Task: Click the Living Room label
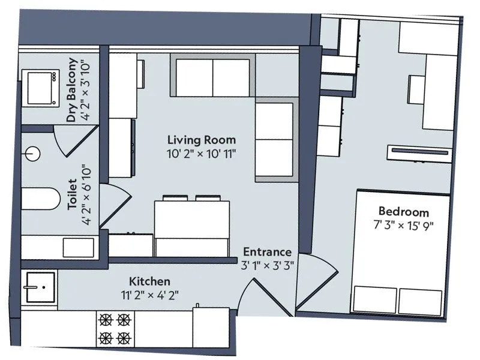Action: (x=201, y=140)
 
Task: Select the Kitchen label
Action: (x=150, y=281)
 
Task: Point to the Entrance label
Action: (x=267, y=252)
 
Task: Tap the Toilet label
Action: (x=72, y=194)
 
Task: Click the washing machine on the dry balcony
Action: (x=40, y=87)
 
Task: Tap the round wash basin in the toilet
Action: (x=32, y=154)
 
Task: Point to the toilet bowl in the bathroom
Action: (x=40, y=199)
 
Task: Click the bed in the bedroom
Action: (x=399, y=252)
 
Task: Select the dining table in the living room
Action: (x=192, y=219)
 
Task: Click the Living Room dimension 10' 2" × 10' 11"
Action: (x=202, y=154)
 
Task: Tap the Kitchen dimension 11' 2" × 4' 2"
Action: (x=150, y=295)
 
